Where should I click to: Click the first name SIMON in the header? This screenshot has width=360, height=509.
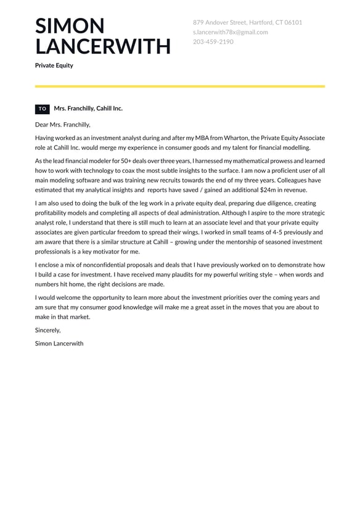point(70,26)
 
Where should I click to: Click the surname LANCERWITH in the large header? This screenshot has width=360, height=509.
point(103,46)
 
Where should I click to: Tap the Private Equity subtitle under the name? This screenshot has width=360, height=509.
point(54,65)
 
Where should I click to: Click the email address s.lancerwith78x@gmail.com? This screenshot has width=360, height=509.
point(230,32)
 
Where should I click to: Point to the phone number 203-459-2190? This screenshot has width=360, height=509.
point(213,42)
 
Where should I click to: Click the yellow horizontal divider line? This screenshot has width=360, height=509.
point(180,86)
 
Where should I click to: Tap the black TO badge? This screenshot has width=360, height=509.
point(43,109)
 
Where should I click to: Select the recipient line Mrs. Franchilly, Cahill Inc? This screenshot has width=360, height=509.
point(88,109)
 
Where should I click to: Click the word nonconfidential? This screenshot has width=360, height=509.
point(96,265)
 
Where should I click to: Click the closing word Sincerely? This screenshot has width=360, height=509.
point(47,330)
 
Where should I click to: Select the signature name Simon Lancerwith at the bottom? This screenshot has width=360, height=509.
point(59,343)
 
